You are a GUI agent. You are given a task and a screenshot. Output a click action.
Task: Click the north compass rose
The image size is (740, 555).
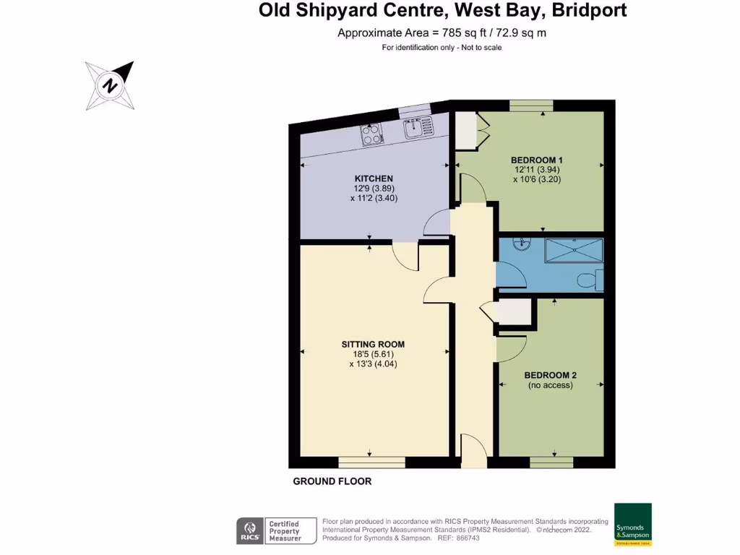coord(110,86)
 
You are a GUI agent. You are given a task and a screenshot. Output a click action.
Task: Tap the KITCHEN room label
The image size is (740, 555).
coord(374,178)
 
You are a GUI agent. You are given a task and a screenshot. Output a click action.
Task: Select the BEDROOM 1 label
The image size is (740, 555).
coord(536,160)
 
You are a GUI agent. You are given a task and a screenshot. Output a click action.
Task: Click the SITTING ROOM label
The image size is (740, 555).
coord(373,344)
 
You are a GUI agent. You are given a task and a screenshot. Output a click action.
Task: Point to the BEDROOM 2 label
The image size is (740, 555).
coord(550,375)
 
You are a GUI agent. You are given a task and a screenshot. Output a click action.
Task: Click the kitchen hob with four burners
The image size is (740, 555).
coord(372,134)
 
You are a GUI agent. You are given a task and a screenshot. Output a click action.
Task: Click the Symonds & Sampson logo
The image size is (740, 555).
coord(632,524)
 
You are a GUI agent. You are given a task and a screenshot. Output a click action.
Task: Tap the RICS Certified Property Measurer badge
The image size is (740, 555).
coord(277,530)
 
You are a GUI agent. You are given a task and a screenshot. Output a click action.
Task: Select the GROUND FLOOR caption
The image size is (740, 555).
coord(332,481)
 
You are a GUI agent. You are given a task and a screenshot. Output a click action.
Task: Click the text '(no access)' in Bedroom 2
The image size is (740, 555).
coord(550,386)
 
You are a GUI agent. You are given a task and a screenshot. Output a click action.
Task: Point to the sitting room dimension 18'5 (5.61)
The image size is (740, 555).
coord(373,354)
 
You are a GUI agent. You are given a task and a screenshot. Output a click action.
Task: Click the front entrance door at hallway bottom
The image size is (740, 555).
coord(473,451)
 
